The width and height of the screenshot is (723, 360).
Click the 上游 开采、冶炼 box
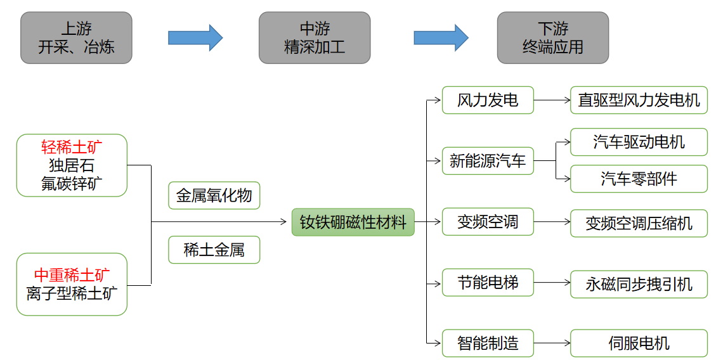76,37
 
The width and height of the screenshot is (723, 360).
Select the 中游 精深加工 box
314,37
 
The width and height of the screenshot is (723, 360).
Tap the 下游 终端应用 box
552,37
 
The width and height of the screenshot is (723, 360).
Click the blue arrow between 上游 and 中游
195,38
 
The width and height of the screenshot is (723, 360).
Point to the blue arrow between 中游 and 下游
441,38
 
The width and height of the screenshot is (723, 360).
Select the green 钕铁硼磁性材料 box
353,222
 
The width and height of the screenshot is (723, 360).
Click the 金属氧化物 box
214,196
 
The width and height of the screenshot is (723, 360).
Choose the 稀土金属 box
214,250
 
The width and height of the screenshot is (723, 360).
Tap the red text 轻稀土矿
72,148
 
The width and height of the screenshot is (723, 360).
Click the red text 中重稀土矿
72,276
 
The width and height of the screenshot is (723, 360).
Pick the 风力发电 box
488,100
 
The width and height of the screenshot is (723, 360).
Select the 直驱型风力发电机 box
639,100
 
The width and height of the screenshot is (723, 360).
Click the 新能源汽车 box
488,160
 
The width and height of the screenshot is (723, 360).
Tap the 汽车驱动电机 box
639,142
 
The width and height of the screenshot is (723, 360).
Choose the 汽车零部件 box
639,179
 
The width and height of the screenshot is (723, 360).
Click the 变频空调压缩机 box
639,223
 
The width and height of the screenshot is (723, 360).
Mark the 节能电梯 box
488,283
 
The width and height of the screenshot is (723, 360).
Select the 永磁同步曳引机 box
639,284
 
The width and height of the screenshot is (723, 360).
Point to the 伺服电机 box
639,344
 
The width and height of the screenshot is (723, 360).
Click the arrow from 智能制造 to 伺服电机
552,344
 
